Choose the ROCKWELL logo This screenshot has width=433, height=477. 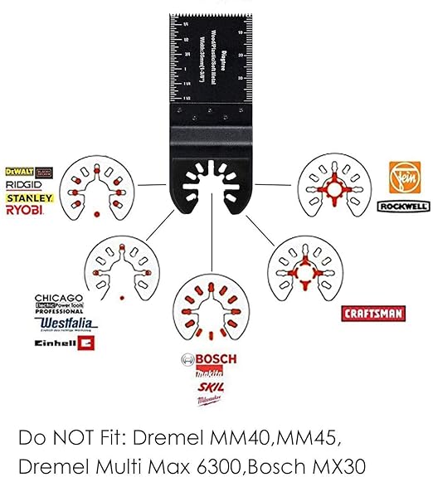coord(402,206)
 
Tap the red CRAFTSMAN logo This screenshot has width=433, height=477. coord(373,313)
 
